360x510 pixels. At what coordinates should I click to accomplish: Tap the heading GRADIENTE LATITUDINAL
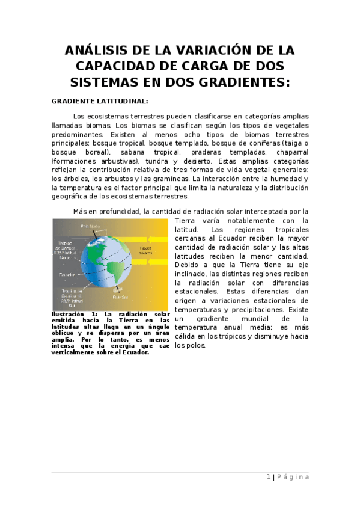[x=100, y=100]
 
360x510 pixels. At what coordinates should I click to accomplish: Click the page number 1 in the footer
[x=269, y=477]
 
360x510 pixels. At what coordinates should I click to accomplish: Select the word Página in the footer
[x=294, y=477]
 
